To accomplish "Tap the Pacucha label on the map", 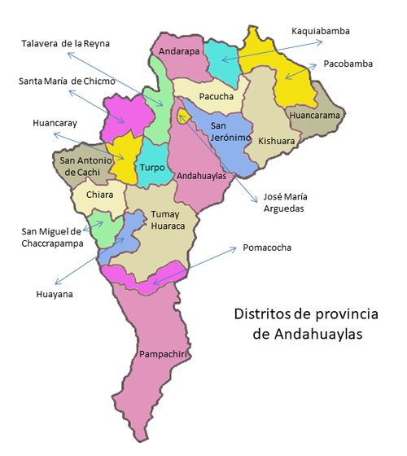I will [216, 97].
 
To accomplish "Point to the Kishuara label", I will [277, 141].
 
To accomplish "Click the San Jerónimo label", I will [229, 132].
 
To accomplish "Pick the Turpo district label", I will [152, 168].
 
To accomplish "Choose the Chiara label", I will [99, 195].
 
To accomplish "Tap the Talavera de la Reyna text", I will [64, 42].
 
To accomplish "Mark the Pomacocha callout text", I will [266, 246].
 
